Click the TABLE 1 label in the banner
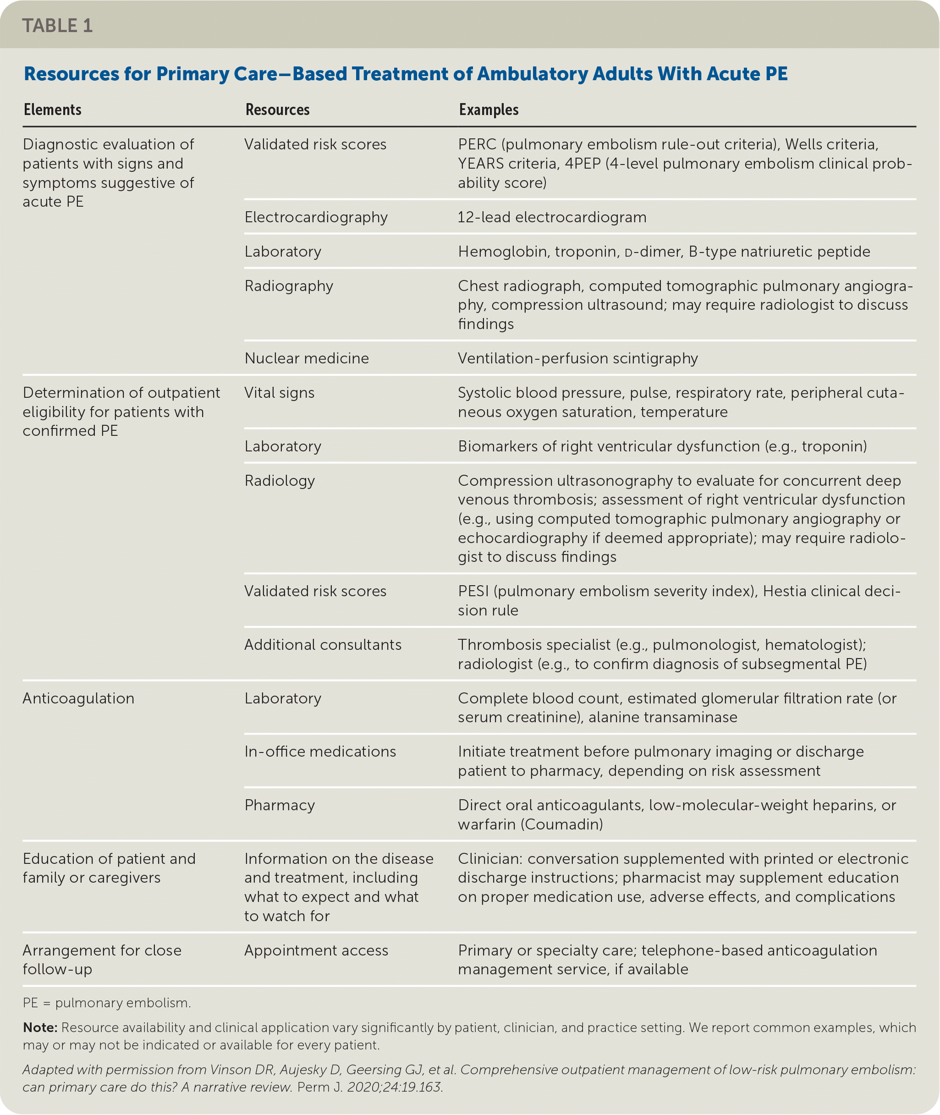click(x=58, y=26)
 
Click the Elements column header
click(x=52, y=110)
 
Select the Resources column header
click(x=277, y=110)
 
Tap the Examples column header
click(x=488, y=110)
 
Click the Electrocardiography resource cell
click(x=316, y=217)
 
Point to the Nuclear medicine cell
click(x=307, y=358)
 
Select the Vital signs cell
click(x=279, y=393)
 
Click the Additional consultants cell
click(x=322, y=645)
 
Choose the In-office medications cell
click(x=320, y=752)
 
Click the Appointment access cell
click(x=316, y=951)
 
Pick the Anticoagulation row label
click(x=78, y=699)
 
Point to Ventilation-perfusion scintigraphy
click(x=577, y=358)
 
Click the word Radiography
click(x=288, y=286)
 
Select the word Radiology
click(x=279, y=481)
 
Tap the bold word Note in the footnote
click(x=39, y=1027)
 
